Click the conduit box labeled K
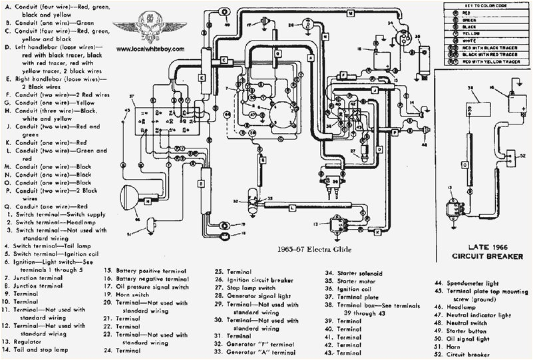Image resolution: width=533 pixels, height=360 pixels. (378, 232)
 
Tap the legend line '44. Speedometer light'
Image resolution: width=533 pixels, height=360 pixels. (466, 283)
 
